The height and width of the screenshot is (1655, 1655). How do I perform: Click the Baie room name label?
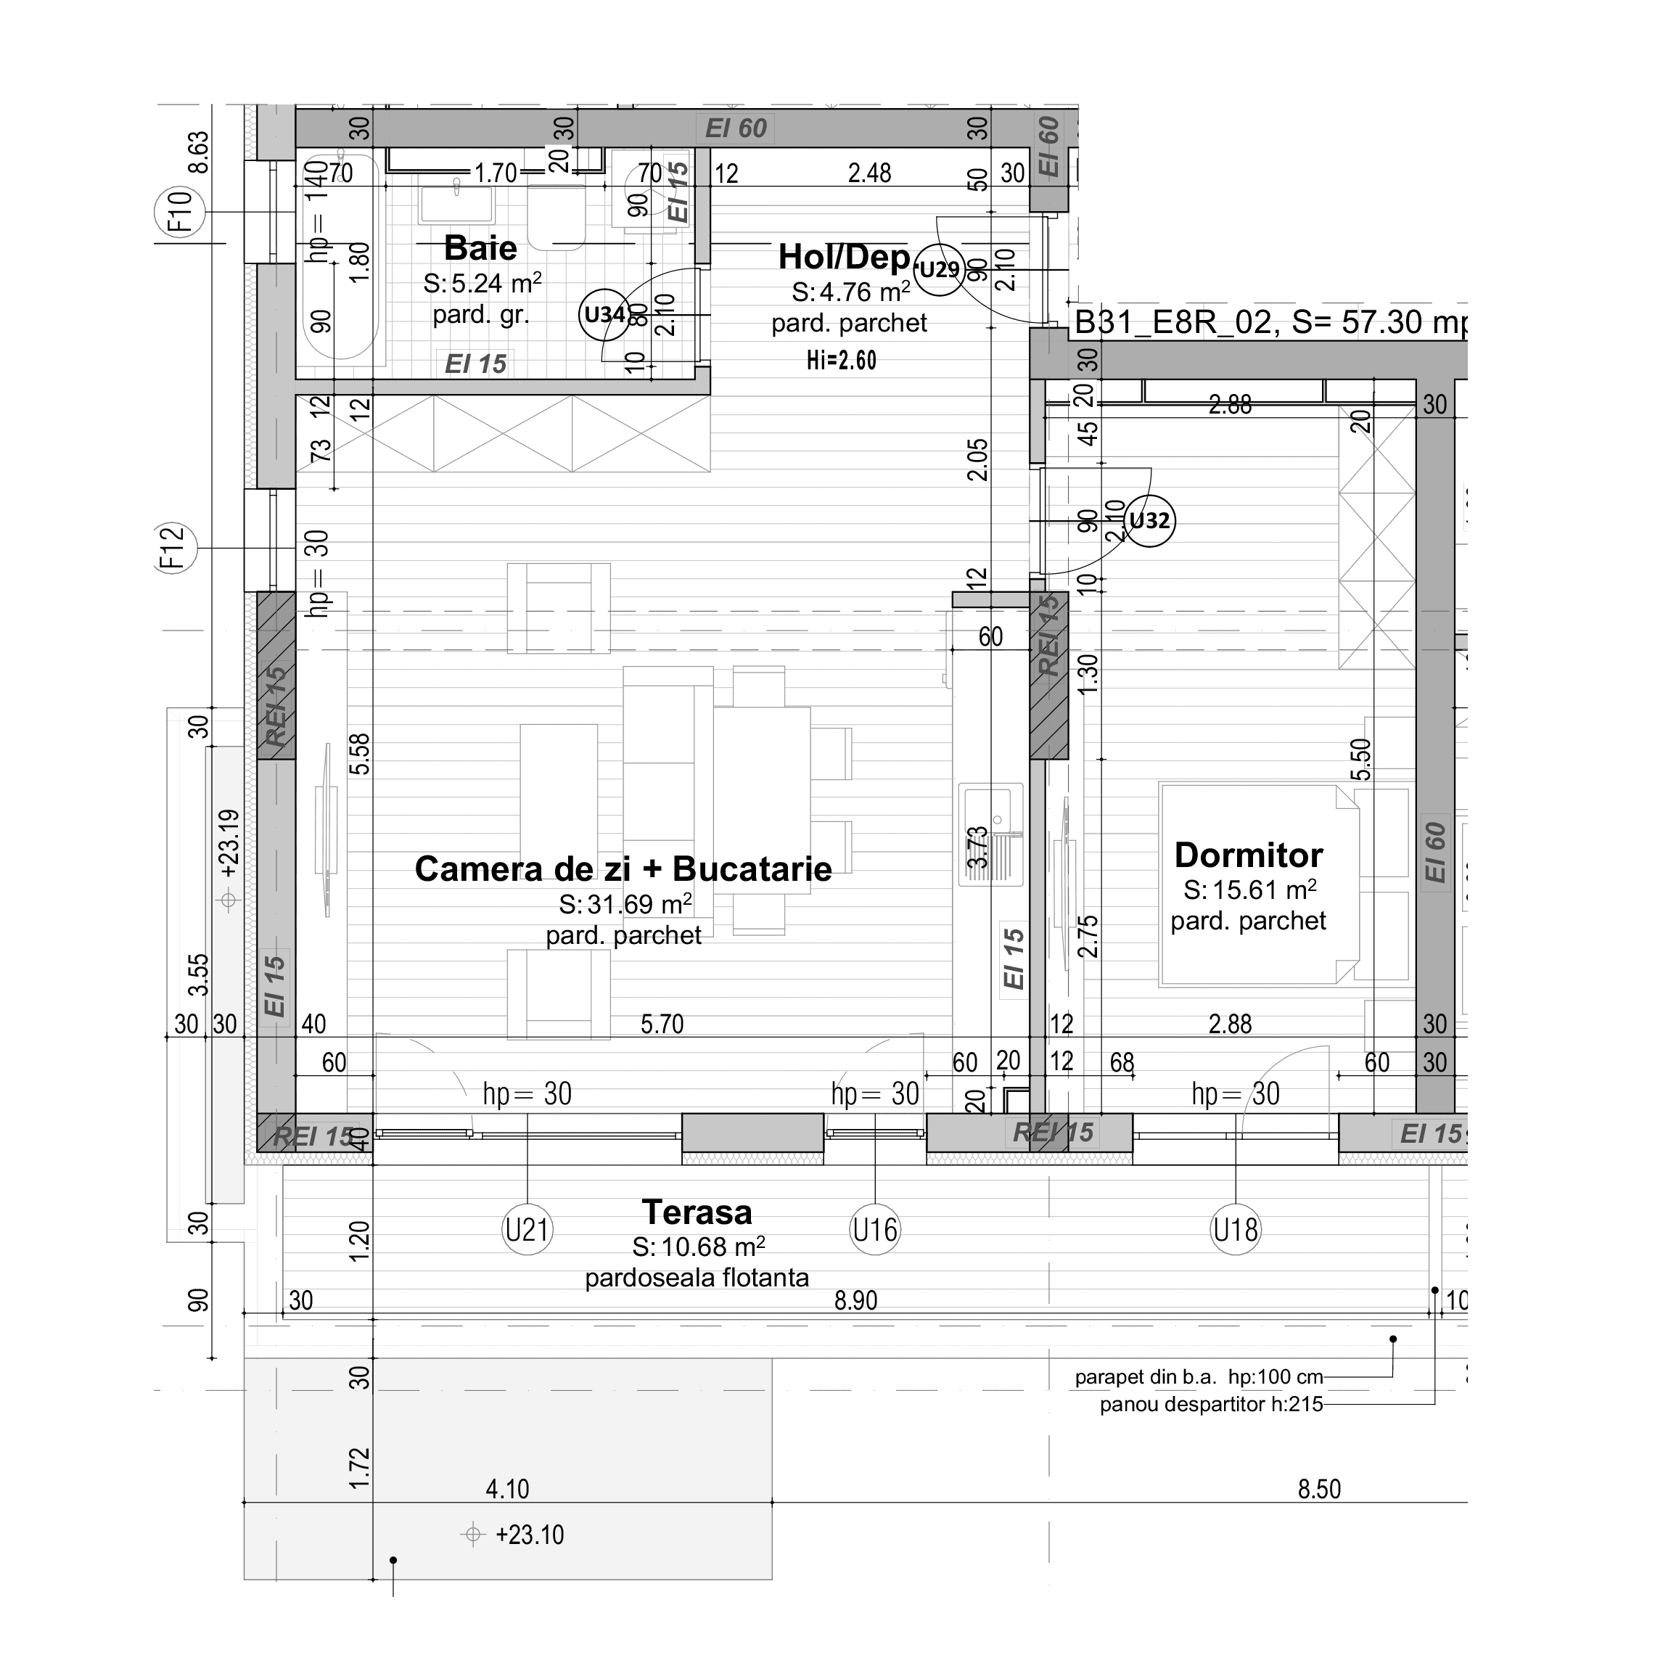(x=480, y=248)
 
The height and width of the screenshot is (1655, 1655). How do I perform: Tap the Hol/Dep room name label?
(x=843, y=256)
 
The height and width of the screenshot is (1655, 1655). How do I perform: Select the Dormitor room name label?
(x=1248, y=855)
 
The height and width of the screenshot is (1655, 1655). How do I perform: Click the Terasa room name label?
(x=697, y=1212)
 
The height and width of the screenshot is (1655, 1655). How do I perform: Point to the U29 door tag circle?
(x=939, y=270)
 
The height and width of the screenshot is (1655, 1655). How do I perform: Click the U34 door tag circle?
(x=604, y=314)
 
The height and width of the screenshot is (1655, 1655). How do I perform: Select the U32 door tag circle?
(x=1149, y=520)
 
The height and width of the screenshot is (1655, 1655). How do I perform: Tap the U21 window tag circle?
(x=527, y=1230)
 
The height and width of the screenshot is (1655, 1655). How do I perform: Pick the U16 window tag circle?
(x=874, y=1230)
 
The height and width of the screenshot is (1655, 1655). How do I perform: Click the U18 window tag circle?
(x=1235, y=1230)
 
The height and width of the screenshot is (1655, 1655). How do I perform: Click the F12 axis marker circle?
(x=172, y=547)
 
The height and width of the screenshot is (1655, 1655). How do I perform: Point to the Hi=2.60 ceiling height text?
(x=841, y=360)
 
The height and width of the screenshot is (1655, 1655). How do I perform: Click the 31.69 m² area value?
(x=625, y=904)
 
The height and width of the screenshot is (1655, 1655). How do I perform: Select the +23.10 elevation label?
(x=528, y=1535)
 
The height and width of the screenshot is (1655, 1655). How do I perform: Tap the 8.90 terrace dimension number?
(x=855, y=1300)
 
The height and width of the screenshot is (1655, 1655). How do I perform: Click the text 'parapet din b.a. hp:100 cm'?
(x=1198, y=1377)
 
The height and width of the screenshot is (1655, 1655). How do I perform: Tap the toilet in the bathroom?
(x=555, y=216)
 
